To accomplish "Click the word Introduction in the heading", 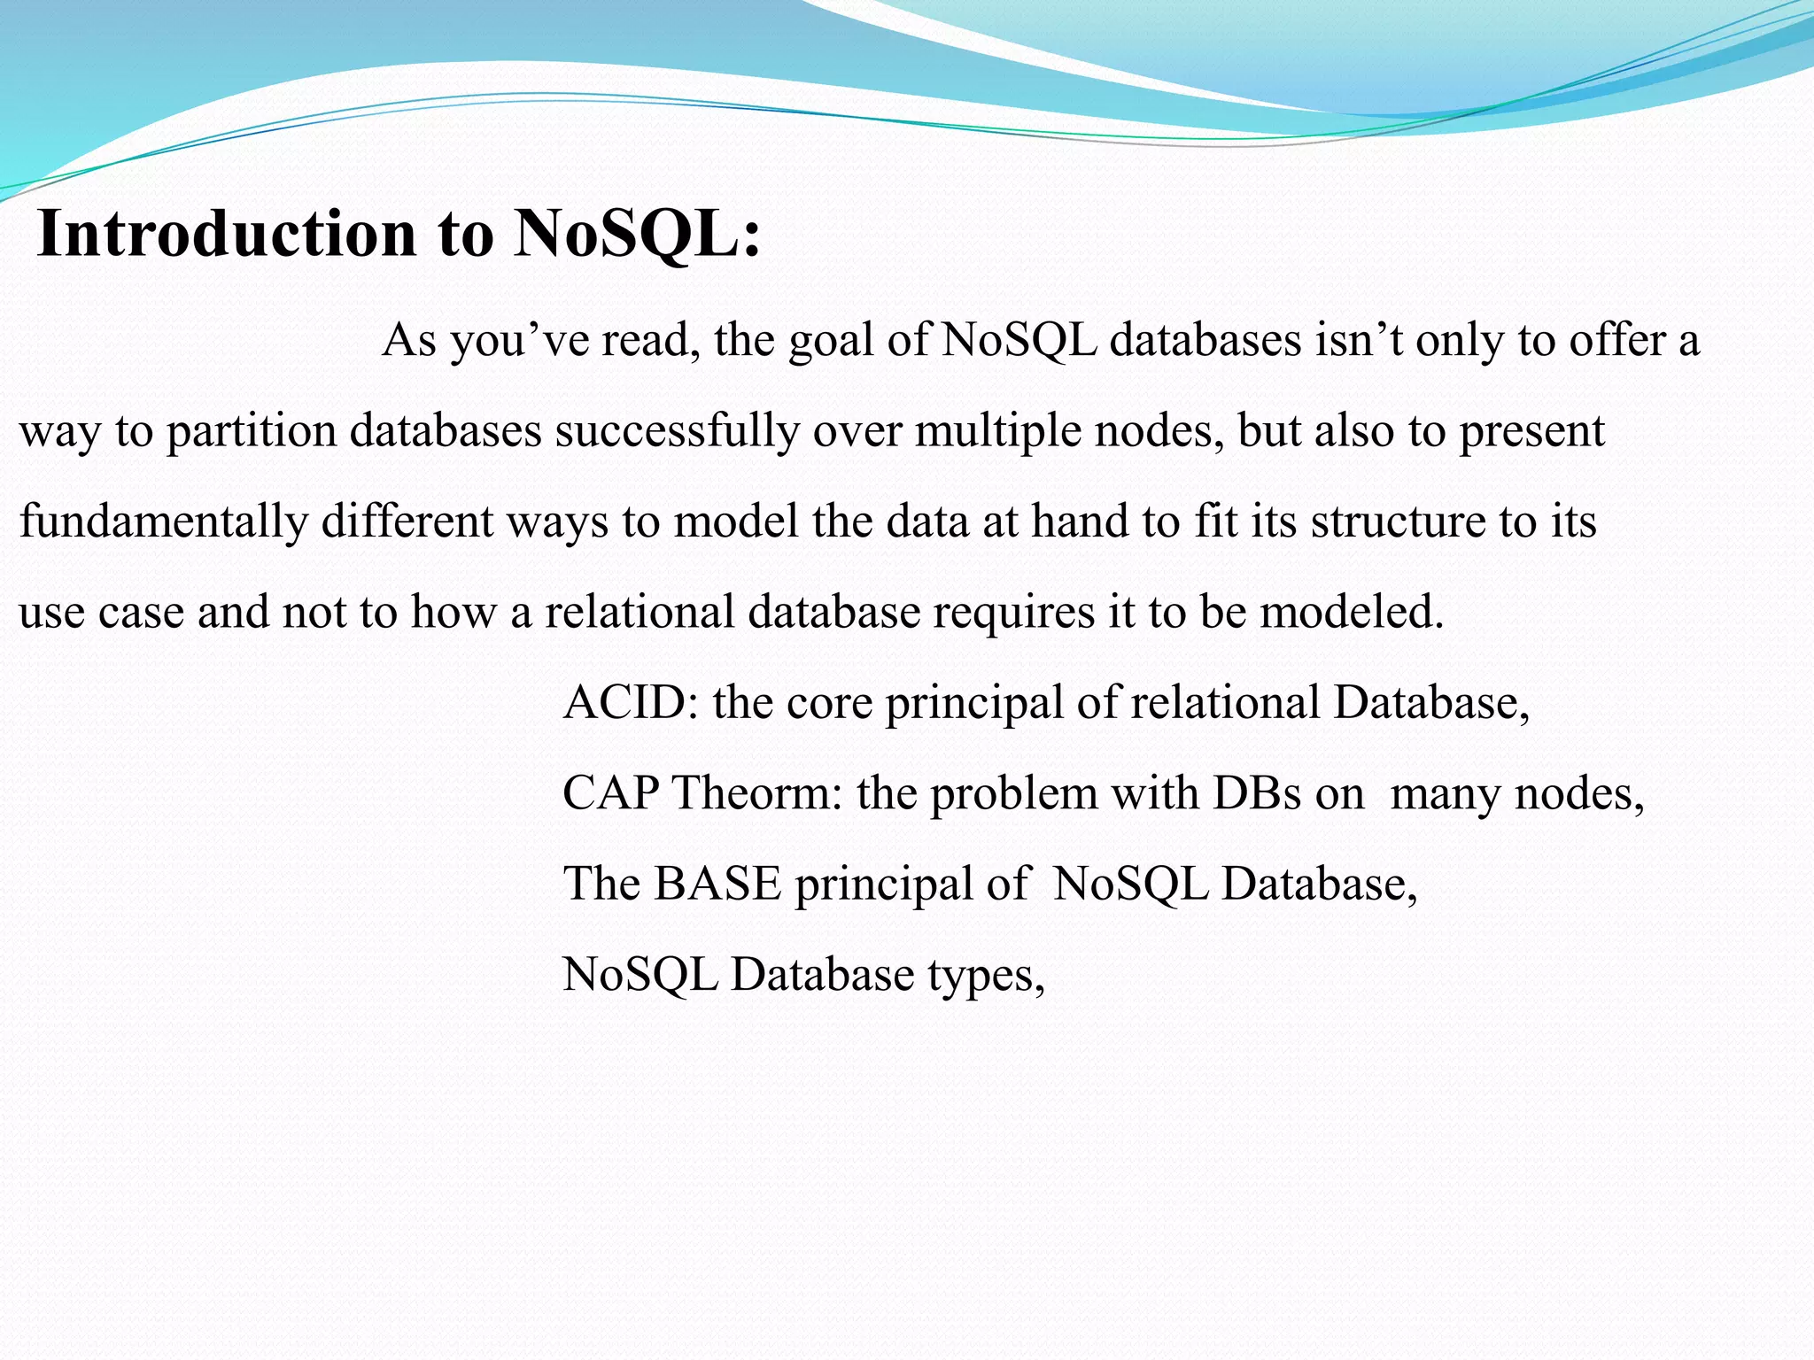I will pyautogui.click(x=227, y=234).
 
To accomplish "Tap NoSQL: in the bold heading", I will pyautogui.click(x=637, y=234).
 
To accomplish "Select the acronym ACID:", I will pyautogui.click(x=630, y=702).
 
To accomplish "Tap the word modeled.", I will pyautogui.click(x=1352, y=612).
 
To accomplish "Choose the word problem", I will pyautogui.click(x=1013, y=792).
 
